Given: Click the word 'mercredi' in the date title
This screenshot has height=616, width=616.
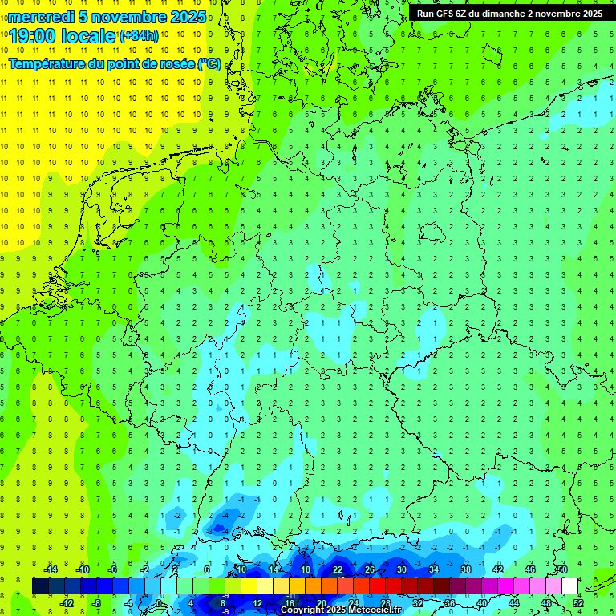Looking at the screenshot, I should [39, 17].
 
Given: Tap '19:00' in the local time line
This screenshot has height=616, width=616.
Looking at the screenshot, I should [32, 35].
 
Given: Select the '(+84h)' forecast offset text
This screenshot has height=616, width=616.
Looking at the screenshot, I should [139, 36].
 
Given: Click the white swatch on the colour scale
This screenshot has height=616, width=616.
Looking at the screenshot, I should [569, 586].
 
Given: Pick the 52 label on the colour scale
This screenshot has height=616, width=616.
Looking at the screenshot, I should [577, 603].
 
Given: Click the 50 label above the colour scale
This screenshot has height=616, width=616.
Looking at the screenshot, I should [561, 569].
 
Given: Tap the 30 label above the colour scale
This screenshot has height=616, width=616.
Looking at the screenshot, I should [402, 569].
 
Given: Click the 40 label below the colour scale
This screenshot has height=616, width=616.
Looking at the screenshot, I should [481, 603].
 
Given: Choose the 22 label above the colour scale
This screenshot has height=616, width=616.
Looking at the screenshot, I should [338, 569].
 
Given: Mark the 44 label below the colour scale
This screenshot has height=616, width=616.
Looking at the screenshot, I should [513, 603].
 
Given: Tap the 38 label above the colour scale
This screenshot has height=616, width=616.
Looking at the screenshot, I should [466, 569].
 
